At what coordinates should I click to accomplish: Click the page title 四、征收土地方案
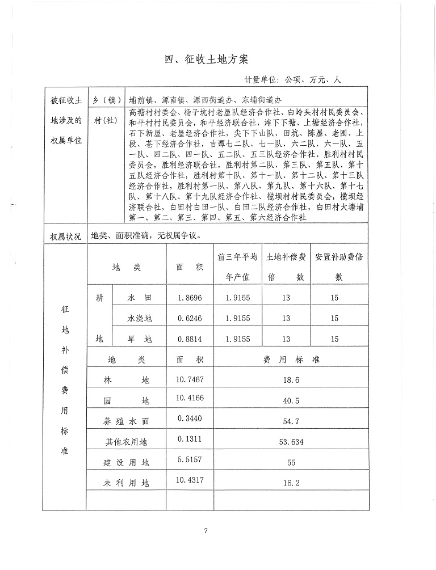[207, 60]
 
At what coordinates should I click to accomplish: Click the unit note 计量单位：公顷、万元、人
[293, 81]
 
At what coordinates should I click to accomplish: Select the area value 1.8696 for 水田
[189, 298]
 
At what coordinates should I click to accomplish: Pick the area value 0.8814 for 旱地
[189, 339]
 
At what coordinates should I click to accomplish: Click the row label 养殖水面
[126, 421]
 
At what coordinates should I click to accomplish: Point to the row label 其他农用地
[126, 442]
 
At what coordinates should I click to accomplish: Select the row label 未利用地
[126, 483]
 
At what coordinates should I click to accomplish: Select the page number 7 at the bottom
[207, 531]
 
